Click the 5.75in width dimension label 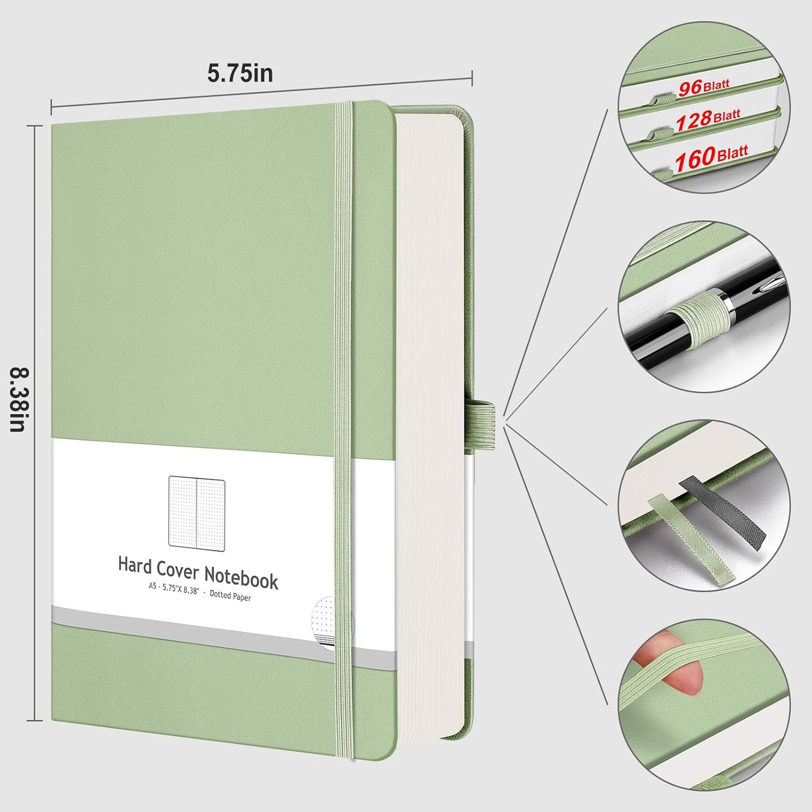[x=240, y=73]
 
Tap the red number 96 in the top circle [x=689, y=88]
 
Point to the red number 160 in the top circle [x=695, y=160]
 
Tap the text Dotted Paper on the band [x=230, y=596]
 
